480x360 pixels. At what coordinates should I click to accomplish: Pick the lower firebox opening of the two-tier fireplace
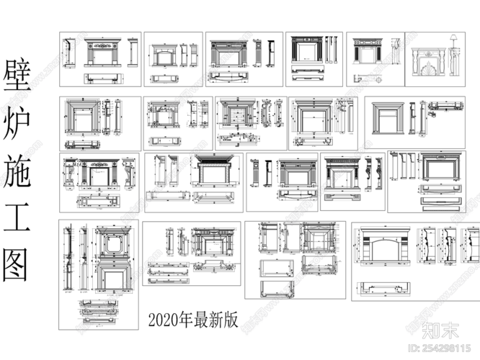112,279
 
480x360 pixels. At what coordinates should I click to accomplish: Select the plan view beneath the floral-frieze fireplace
107,76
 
